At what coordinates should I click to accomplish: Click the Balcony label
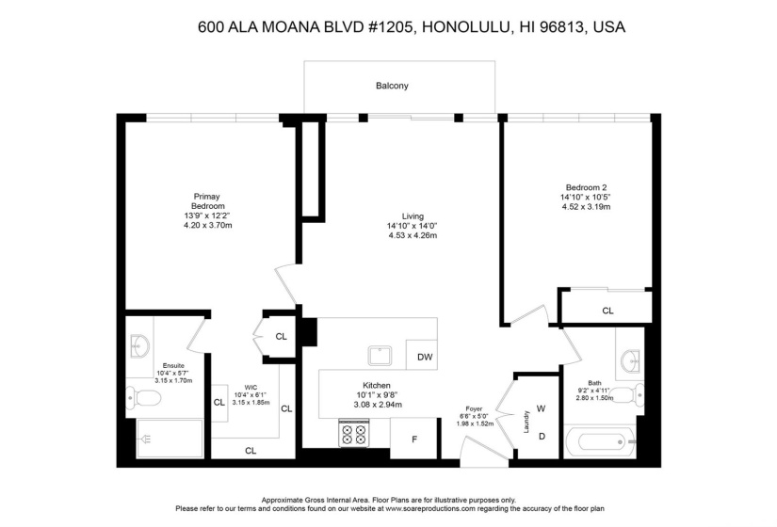coord(392,86)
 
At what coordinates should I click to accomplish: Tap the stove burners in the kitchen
coord(354,434)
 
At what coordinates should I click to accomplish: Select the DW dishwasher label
coord(425,357)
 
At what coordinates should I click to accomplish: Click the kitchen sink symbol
coord(380,356)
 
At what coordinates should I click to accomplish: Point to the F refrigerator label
coord(414,439)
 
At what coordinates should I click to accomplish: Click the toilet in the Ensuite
coord(143,398)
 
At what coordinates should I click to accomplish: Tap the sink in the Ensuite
coord(139,345)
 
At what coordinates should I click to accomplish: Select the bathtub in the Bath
coord(600,441)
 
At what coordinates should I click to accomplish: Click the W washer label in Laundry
coord(542,408)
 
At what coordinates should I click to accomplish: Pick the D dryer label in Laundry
coord(542,437)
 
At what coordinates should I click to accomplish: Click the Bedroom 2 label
coord(586,187)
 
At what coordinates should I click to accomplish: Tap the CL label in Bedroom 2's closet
coord(608,311)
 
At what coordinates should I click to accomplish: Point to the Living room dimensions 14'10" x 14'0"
coord(413,226)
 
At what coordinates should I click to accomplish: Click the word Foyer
coord(475,409)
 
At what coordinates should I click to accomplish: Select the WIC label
coord(251,388)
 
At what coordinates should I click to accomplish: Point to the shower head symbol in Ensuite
coord(147,439)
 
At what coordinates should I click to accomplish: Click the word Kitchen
coord(377,385)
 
